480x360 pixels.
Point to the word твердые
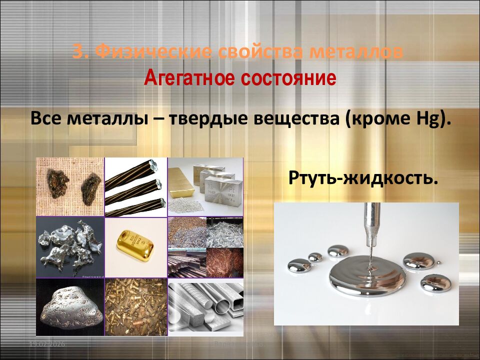click(211, 120)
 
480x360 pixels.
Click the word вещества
click(301, 120)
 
